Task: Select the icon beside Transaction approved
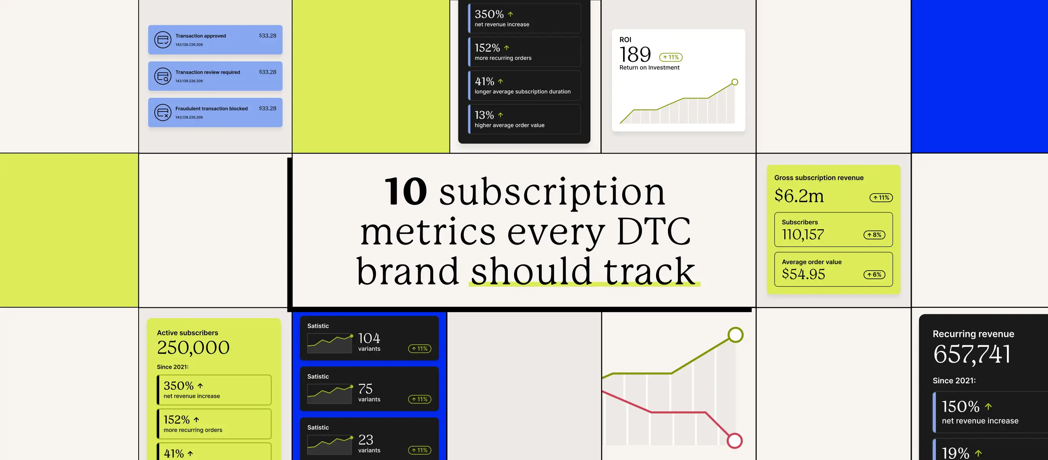point(163,40)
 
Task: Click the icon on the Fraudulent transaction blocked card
point(163,113)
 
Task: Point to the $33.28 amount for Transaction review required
point(268,72)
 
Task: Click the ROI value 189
point(635,54)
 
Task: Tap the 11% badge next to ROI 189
point(671,57)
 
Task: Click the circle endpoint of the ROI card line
point(735,82)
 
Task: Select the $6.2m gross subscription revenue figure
point(799,195)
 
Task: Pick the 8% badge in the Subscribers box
point(874,235)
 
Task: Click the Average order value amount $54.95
point(803,274)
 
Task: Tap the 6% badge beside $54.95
point(874,275)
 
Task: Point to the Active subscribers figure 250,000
point(193,348)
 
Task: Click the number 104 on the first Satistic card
point(369,338)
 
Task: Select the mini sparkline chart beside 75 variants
point(330,394)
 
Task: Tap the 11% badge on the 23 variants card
point(420,450)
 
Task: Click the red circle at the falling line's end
point(735,441)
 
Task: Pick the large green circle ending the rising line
point(736,335)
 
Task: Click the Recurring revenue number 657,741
point(972,354)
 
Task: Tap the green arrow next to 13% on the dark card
point(501,115)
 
